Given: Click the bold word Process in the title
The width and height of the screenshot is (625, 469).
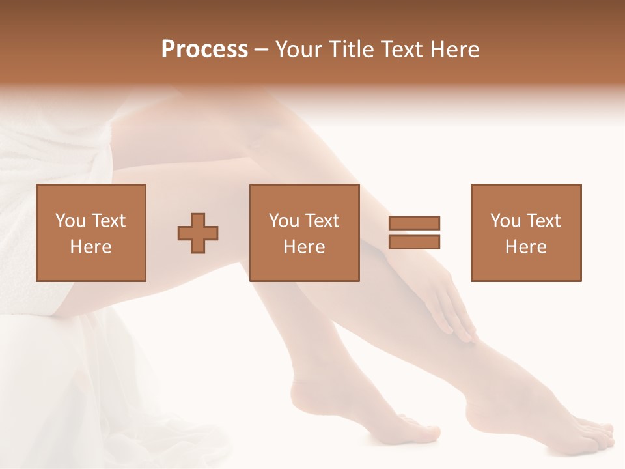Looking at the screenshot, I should [204, 50].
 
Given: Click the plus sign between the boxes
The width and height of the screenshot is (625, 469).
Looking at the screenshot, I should [198, 233].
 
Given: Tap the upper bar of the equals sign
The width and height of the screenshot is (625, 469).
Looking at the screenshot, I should [414, 223].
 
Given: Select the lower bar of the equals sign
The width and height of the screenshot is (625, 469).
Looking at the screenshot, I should [414, 242].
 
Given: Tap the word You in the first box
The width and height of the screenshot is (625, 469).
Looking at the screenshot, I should [70, 221].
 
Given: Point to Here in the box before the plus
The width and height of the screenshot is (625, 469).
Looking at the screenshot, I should [91, 247].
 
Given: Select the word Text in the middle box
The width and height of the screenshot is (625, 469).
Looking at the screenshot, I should [322, 221].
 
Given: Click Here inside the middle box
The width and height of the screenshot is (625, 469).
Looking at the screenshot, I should [305, 247].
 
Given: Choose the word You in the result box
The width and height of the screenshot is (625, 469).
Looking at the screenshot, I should [505, 221].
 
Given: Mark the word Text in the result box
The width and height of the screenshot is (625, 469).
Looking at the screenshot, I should [544, 221].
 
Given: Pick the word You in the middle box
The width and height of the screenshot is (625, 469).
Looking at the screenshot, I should [283, 221].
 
